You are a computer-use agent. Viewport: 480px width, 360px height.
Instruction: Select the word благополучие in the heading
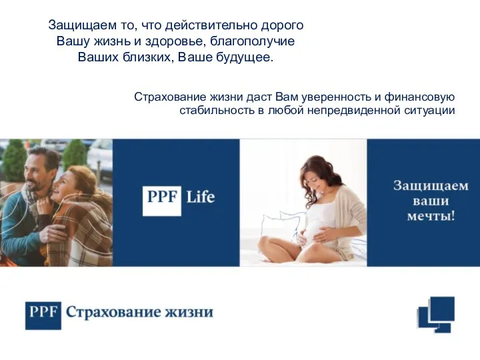pyautogui.click(x=253, y=41)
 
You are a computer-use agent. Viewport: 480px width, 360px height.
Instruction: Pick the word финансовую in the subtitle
pyautogui.click(x=420, y=97)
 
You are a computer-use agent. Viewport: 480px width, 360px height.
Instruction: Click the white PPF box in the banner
pyautogui.click(x=162, y=201)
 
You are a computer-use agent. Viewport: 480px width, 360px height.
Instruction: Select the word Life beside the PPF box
pyautogui.click(x=201, y=197)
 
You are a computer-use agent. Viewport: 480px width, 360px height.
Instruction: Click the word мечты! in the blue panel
pyautogui.click(x=431, y=216)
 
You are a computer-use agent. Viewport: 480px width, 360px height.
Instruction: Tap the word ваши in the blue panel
pyautogui.click(x=431, y=201)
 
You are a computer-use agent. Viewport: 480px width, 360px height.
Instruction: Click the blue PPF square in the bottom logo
pyautogui.click(x=43, y=315)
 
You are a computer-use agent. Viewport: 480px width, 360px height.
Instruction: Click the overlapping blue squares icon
pyautogui.click(x=436, y=315)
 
